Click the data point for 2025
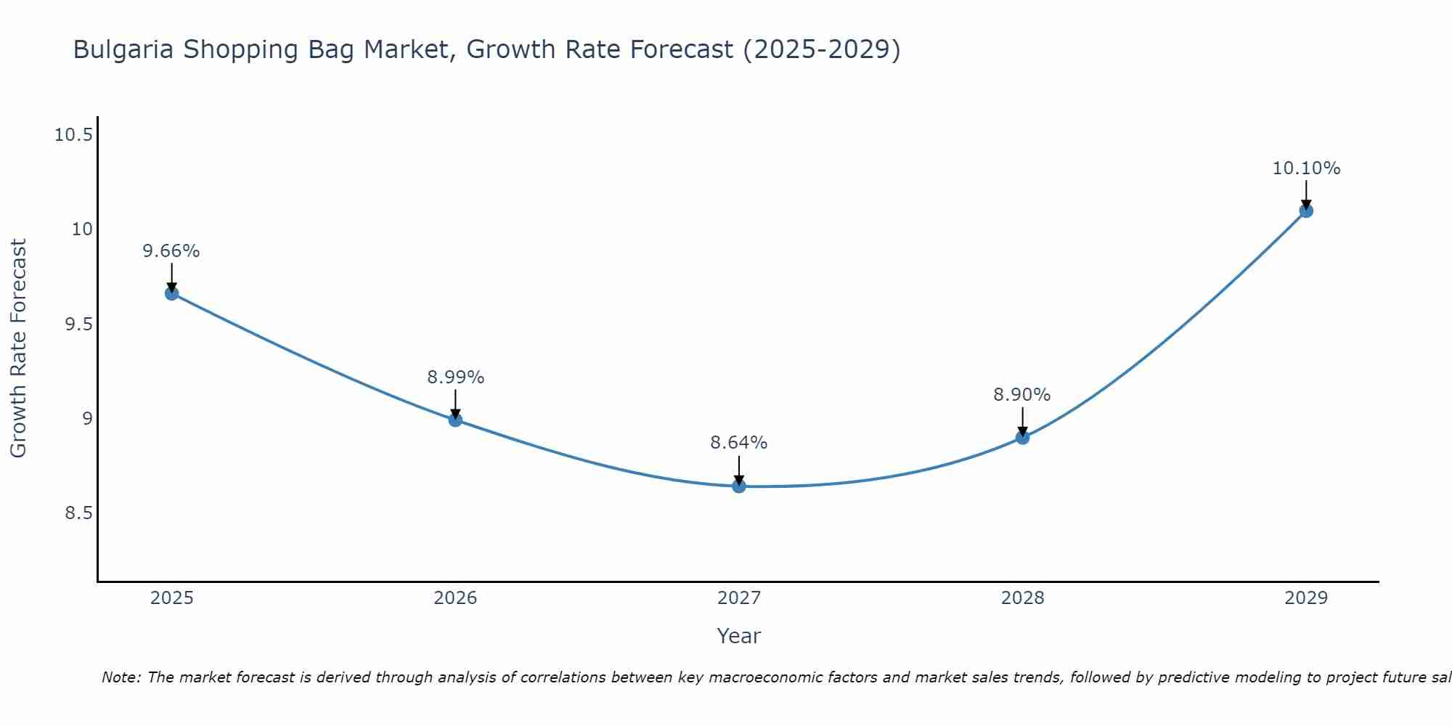tap(172, 293)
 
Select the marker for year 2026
tap(455, 420)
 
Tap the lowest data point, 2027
tap(739, 486)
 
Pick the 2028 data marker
tap(1022, 437)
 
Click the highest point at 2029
tap(1306, 211)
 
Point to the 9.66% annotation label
tap(171, 251)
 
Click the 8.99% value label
tap(455, 378)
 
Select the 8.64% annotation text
tap(739, 443)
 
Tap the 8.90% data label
tap(1022, 395)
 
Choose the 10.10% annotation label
tap(1306, 168)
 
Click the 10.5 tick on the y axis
tap(74, 135)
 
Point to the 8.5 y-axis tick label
tap(79, 513)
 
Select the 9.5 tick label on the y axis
tap(79, 325)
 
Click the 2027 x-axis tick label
tap(739, 598)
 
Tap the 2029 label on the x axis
tap(1306, 598)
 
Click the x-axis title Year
tap(739, 636)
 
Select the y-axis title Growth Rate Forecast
tap(19, 348)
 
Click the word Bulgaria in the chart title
tap(123, 49)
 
